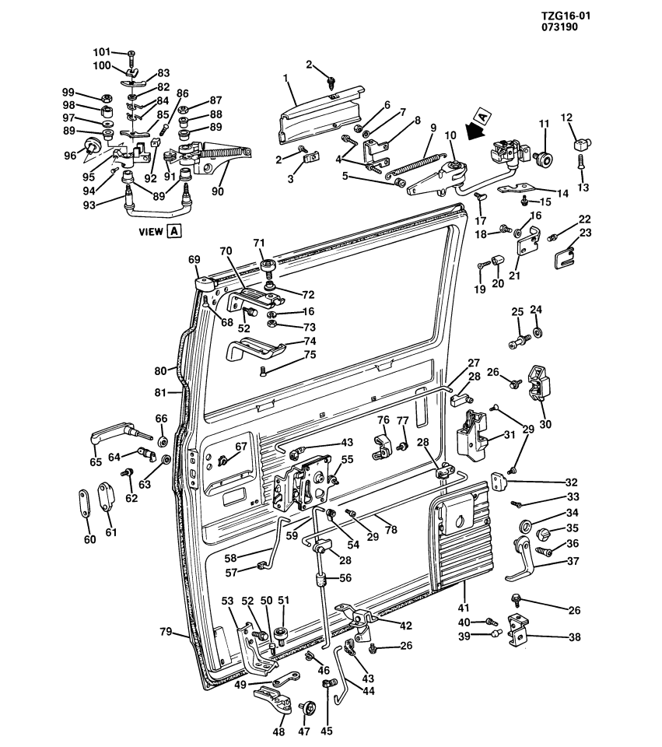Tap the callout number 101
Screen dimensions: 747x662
[102, 52]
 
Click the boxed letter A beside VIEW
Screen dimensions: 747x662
[173, 230]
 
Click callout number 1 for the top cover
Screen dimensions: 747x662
[285, 78]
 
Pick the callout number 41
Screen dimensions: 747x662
[464, 608]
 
